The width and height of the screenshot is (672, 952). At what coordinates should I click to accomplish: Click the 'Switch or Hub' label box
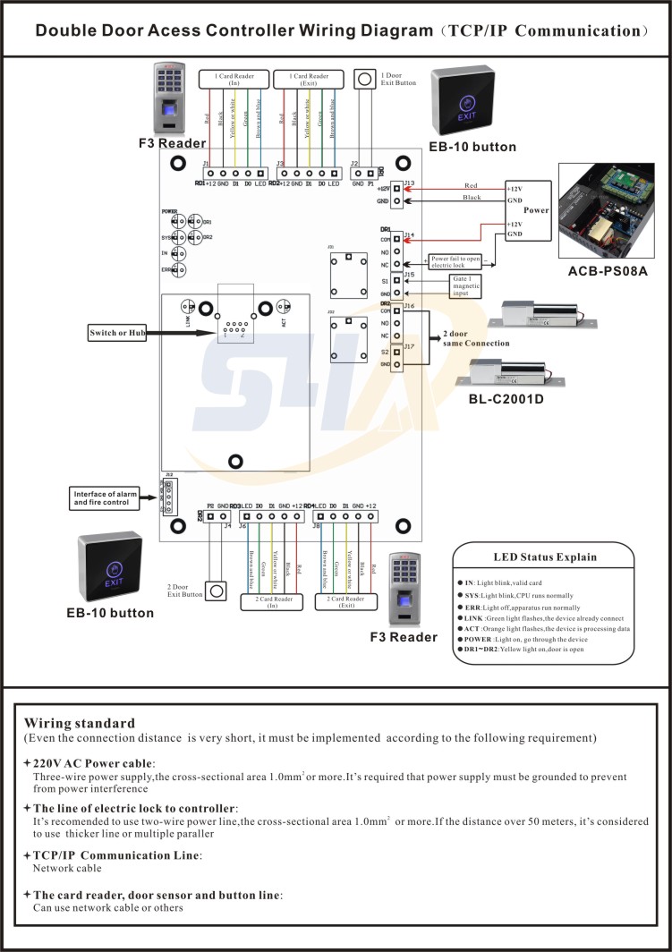115,334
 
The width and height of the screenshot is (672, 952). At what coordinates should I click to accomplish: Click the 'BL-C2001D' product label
506,399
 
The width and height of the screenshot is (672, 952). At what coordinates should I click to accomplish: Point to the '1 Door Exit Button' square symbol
365,80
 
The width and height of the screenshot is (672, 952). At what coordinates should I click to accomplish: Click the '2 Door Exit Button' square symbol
215,591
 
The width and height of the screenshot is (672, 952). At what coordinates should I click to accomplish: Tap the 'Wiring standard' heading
80,723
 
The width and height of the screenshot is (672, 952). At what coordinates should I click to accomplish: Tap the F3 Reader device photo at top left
170,98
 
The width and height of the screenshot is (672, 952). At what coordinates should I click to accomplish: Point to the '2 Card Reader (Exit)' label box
347,600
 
